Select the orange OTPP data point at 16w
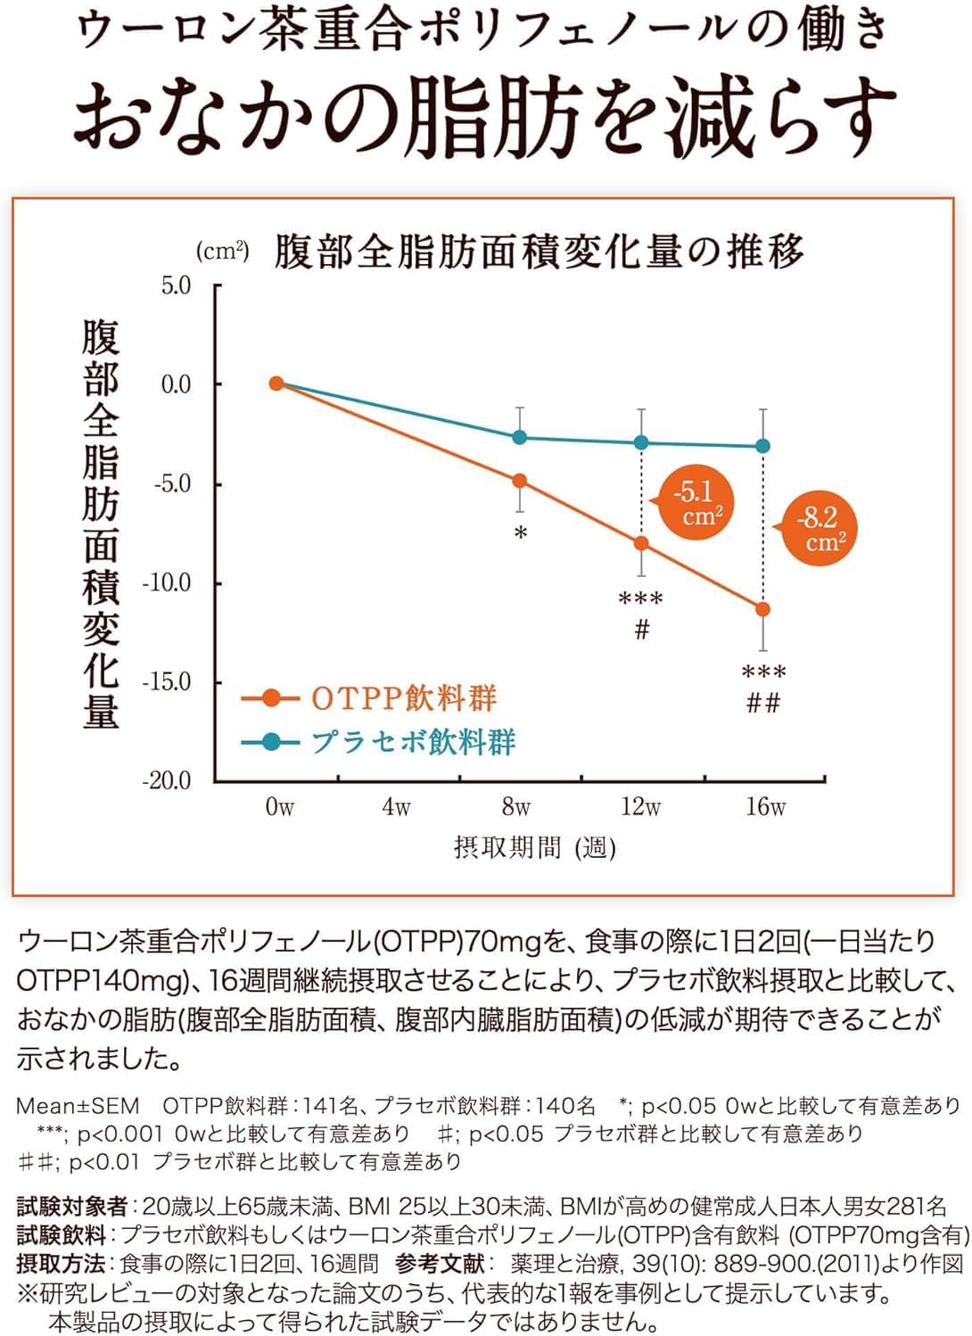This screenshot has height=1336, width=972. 762,609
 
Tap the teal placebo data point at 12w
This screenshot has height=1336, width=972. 641,442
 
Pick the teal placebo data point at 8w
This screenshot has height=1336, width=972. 520,437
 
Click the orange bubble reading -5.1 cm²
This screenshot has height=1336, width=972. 696,503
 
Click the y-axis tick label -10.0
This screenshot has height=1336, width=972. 168,582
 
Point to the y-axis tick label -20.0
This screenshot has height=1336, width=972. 168,780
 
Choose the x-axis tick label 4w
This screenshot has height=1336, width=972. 396,807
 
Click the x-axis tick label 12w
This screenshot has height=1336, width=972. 640,807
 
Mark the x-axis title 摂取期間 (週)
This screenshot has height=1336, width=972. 534,847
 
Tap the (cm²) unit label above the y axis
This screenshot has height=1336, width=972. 222,252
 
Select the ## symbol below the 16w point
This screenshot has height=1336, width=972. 763,704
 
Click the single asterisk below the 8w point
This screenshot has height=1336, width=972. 521,534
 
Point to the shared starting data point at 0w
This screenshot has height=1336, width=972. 276,383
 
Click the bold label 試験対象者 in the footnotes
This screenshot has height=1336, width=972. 72,1207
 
